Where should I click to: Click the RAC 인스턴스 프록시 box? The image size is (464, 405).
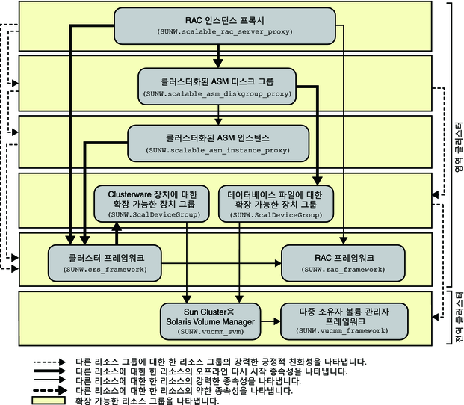[225, 26]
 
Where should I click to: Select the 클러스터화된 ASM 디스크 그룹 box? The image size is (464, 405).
[217, 87]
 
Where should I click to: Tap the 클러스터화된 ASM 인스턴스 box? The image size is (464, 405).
[218, 143]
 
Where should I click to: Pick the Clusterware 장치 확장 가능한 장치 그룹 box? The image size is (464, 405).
[152, 204]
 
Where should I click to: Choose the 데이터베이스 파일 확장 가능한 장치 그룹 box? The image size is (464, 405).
[276, 204]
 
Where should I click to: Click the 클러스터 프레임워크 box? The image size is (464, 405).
[105, 263]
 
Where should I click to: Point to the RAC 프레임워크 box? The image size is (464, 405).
[343, 263]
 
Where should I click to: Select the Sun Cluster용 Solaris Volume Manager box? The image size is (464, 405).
[211, 321]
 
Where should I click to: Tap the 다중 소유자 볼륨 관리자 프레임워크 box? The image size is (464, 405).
[344, 321]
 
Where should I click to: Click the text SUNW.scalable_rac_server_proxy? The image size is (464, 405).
[225, 31]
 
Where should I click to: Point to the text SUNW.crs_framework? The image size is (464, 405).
[105, 270]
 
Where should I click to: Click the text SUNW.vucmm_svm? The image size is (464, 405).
[211, 332]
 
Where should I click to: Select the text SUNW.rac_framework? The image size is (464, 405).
[343, 270]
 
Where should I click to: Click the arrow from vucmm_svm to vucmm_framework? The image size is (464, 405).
[270, 321]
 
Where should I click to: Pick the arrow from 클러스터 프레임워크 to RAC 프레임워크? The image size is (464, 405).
[221, 263]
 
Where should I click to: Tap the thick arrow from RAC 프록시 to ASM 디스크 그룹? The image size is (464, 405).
[218, 56]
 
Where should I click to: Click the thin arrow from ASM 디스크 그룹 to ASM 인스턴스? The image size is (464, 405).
[218, 115]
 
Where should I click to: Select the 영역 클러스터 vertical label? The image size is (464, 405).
[459, 146]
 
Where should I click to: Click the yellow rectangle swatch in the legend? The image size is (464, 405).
[49, 401]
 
